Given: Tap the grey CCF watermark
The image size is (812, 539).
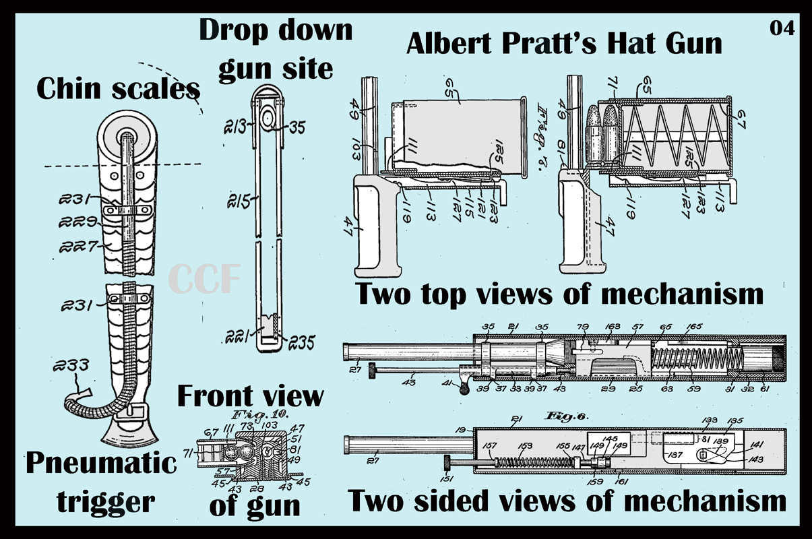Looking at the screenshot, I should point(204,280).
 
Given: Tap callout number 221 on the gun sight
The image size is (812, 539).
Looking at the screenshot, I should point(241,332).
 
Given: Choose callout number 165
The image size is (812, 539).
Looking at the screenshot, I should point(694,327).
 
